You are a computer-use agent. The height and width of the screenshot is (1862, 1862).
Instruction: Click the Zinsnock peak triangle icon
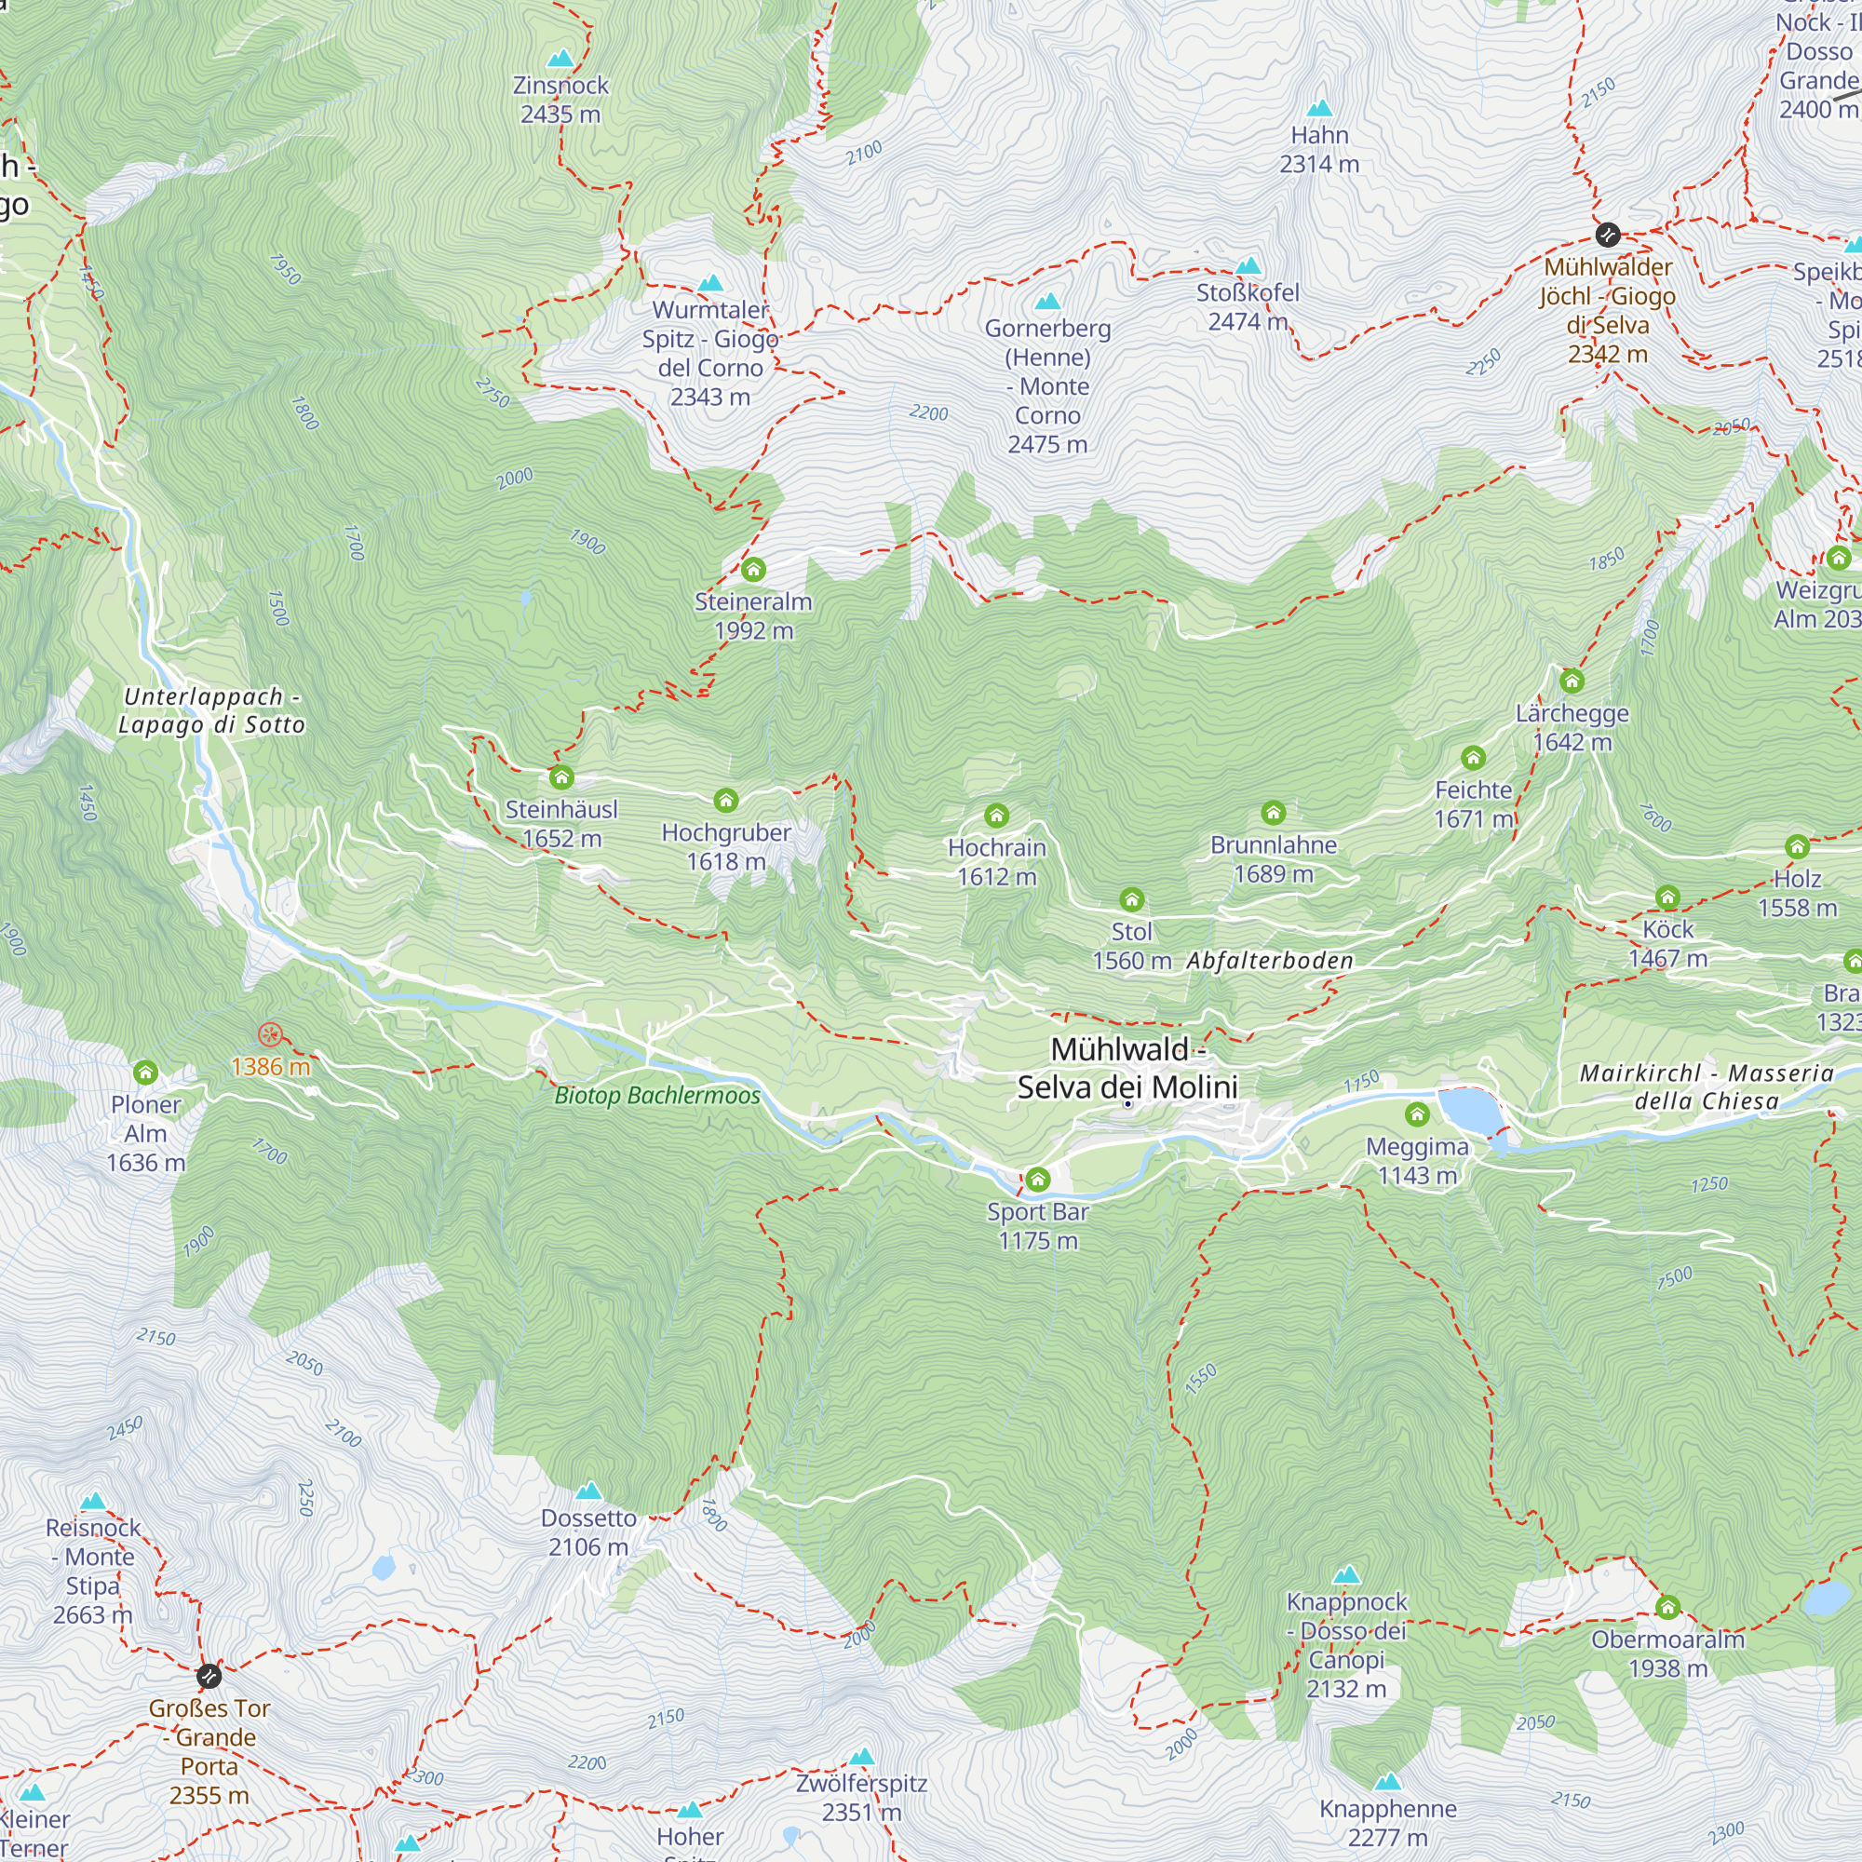pos(560,59)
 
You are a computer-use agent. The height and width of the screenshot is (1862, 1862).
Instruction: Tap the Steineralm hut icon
pos(754,570)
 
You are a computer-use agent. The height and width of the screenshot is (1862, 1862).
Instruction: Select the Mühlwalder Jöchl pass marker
pos(1608,235)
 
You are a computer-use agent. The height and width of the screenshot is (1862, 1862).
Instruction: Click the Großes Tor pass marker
pos(209,1677)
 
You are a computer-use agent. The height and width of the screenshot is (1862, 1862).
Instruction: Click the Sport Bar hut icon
pos(1038,1180)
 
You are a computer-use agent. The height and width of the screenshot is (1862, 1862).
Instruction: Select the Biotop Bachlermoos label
pos(657,1096)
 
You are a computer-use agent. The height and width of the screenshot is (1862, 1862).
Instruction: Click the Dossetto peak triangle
pos(589,1491)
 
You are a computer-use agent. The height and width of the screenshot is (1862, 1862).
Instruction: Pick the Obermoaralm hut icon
pos(1668,1607)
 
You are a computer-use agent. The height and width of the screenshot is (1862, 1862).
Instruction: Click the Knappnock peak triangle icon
pos(1346,1576)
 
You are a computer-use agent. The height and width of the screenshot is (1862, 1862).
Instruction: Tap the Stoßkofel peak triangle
pos(1249,266)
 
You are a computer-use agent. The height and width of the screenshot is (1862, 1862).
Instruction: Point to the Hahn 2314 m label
pos(1319,149)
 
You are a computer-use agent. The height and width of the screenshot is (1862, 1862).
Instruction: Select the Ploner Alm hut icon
pos(145,1072)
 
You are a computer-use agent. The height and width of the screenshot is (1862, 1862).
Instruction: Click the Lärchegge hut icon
pos(1572,681)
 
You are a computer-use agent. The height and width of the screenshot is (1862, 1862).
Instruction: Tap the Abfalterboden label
pos(1269,961)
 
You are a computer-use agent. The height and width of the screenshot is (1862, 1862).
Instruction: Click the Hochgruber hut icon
pos(726,800)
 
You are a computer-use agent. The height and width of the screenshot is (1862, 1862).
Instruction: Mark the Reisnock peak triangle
pos(93,1502)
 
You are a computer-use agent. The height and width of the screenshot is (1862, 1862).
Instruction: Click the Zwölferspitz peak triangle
pos(861,1757)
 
